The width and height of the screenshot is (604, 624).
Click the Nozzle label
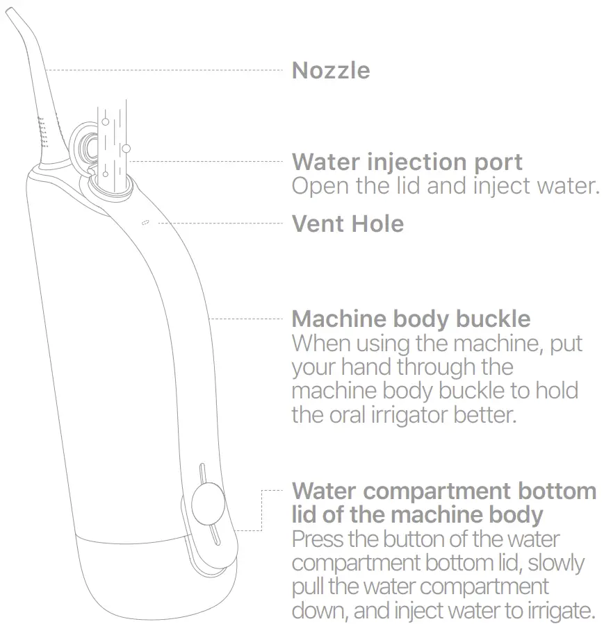[x=331, y=70]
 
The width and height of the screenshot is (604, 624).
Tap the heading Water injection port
[x=407, y=162]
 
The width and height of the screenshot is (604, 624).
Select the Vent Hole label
[x=348, y=224]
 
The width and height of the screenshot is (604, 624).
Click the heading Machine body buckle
[x=411, y=319]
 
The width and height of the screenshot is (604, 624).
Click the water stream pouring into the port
[x=113, y=146]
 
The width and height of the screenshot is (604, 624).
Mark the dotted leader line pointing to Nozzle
[x=167, y=70]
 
